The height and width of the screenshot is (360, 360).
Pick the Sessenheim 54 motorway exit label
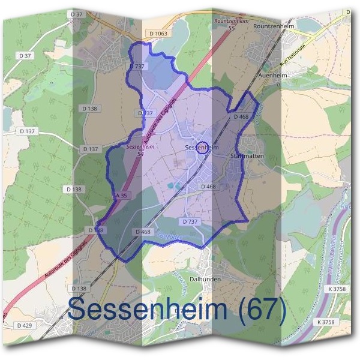pos(140,150)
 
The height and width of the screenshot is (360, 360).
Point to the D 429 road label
pos(24,325)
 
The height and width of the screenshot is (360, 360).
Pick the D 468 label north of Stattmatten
pos(241,116)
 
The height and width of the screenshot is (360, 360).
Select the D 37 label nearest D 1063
pos(76,14)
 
